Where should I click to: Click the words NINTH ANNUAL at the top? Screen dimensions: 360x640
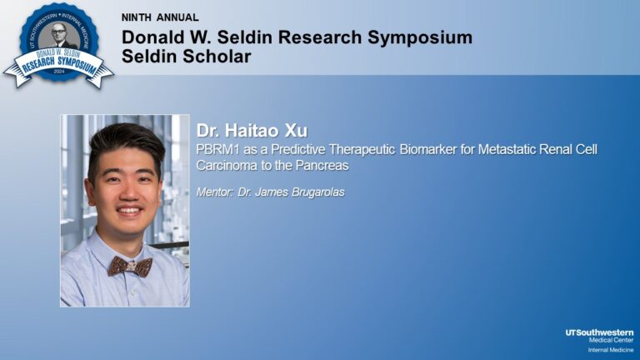pyautogui.click(x=160, y=17)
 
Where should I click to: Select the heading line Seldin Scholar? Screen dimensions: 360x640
pyautogui.click(x=186, y=57)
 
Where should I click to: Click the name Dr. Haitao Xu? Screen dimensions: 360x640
pyautogui.click(x=252, y=131)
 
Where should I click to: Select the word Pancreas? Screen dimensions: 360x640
pyautogui.click(x=321, y=165)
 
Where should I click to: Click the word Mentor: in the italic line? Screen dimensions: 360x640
pyautogui.click(x=216, y=192)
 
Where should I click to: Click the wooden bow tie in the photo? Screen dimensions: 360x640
pyautogui.click(x=130, y=266)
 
